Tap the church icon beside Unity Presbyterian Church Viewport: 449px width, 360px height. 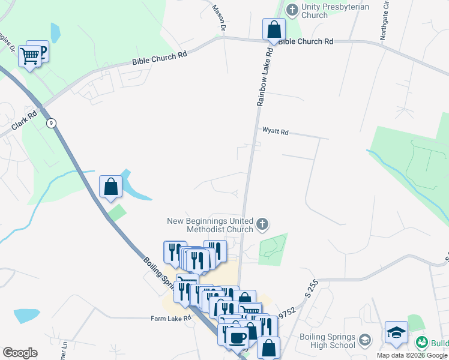click(x=292, y=9)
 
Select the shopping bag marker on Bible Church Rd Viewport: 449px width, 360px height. click(x=274, y=30)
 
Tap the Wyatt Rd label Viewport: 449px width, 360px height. click(x=275, y=131)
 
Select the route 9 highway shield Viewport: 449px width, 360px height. click(x=52, y=123)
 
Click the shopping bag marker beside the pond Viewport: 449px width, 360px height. click(x=111, y=187)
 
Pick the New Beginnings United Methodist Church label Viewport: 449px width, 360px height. click(x=210, y=225)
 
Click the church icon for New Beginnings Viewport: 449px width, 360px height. click(x=262, y=225)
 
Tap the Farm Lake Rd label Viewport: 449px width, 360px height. click(x=171, y=318)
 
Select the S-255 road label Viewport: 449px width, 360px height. click(x=310, y=292)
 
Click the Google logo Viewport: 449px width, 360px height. click(x=20, y=352)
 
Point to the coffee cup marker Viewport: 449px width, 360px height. click(x=236, y=337)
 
